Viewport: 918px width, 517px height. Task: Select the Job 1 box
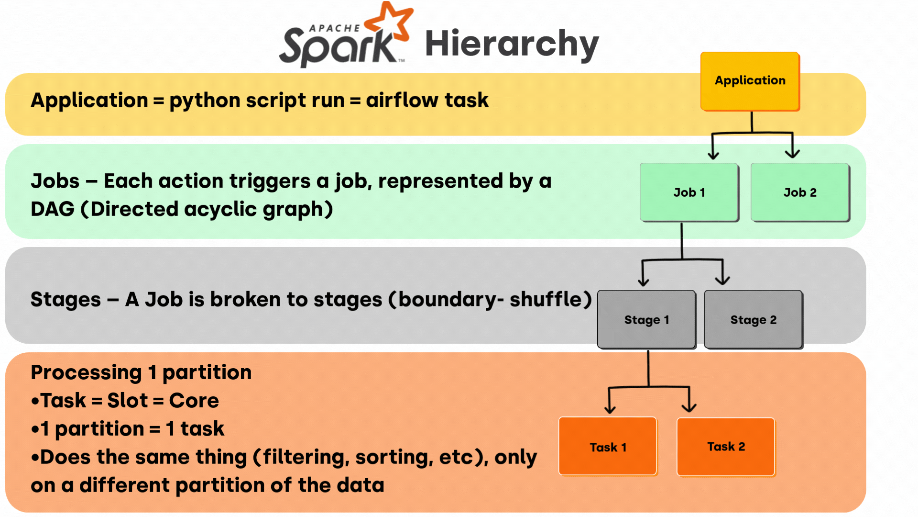click(x=689, y=192)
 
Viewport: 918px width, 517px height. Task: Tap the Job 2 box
click(x=800, y=192)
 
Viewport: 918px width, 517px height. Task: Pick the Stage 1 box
click(x=646, y=319)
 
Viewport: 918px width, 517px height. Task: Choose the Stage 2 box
click(x=753, y=319)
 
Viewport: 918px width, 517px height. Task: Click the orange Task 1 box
click(x=608, y=447)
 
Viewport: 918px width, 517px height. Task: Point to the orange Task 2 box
click(x=726, y=447)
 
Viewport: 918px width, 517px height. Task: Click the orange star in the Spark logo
click(x=390, y=22)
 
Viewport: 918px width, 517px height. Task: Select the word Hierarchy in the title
click(x=512, y=44)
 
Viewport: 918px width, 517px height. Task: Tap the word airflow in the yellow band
click(x=402, y=100)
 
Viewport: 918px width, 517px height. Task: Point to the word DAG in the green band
click(x=53, y=209)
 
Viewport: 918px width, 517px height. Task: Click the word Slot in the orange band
click(x=127, y=401)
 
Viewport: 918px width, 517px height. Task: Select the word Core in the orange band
click(x=194, y=401)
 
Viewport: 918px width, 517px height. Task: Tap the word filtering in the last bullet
click(x=304, y=457)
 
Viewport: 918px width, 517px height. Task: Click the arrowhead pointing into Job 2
click(x=792, y=154)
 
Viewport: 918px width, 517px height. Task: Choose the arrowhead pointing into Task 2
click(x=689, y=407)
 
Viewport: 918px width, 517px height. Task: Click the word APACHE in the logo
click(x=335, y=28)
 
